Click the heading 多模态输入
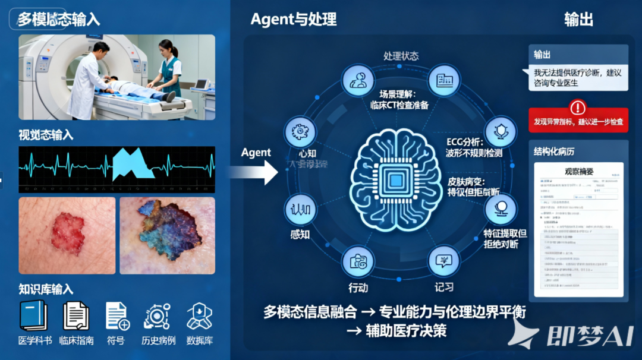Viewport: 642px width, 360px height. pyautogui.click(x=58, y=19)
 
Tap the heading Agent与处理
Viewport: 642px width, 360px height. pyautogui.click(x=294, y=19)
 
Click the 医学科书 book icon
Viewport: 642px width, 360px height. pyautogui.click(x=34, y=315)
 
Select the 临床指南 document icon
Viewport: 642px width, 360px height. pyautogui.click(x=77, y=315)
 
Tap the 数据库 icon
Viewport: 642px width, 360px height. pyautogui.click(x=199, y=315)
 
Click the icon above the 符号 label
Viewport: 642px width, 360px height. pyautogui.click(x=117, y=315)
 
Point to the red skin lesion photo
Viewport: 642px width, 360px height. pyautogui.click(x=67, y=235)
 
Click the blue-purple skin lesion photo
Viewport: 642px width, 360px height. pyautogui.click(x=167, y=235)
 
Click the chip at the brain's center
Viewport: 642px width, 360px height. pyautogui.click(x=395, y=179)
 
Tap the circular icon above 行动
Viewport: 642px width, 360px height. pyautogui.click(x=357, y=261)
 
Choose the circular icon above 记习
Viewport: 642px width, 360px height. pyautogui.click(x=444, y=261)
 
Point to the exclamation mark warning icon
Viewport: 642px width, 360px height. pyautogui.click(x=577, y=108)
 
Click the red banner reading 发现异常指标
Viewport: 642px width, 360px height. pyautogui.click(x=578, y=121)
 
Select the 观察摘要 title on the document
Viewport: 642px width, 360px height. pyautogui.click(x=578, y=172)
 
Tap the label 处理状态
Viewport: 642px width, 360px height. pyautogui.click(x=401, y=56)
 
